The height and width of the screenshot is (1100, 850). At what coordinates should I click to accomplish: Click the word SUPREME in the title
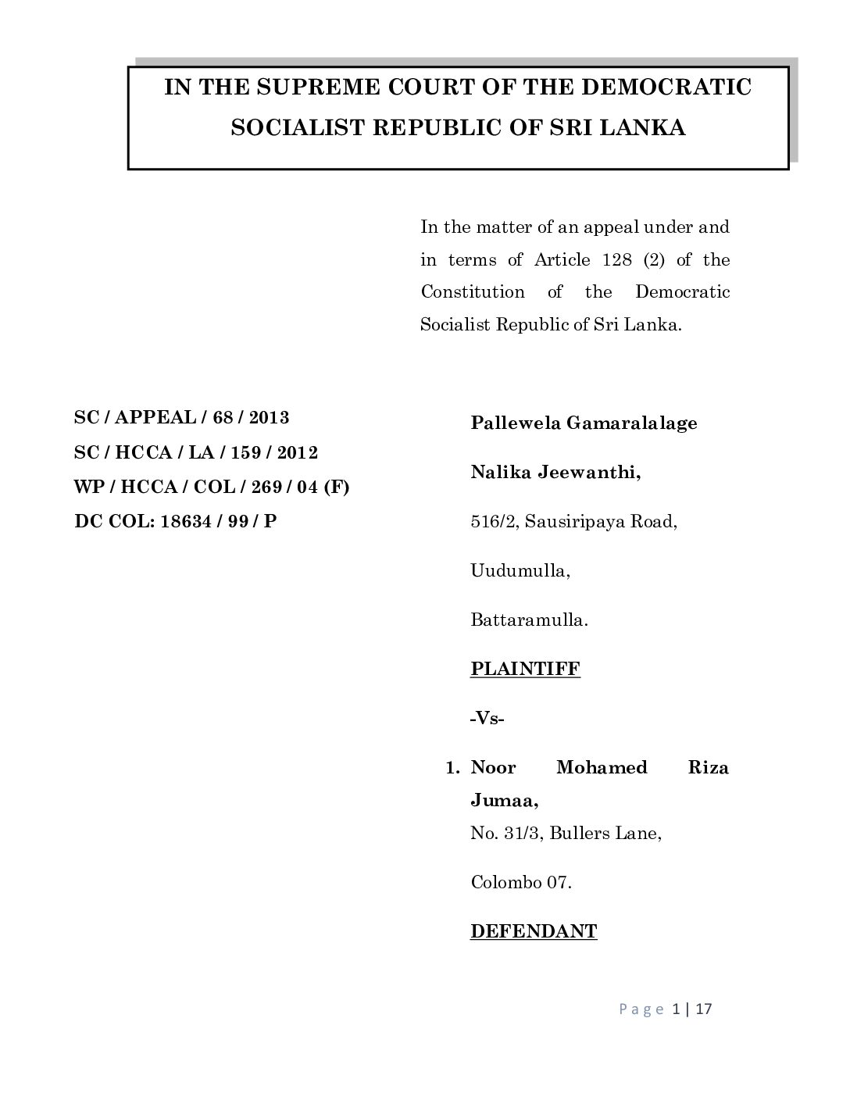(x=310, y=87)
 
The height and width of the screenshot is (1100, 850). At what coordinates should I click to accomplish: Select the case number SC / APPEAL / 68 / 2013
(x=181, y=417)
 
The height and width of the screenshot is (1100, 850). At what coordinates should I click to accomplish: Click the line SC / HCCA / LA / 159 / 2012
(x=195, y=452)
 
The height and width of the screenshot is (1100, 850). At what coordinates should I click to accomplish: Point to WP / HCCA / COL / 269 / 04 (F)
(x=212, y=487)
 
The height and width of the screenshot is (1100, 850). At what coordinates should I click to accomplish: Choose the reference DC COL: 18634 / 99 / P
(x=176, y=521)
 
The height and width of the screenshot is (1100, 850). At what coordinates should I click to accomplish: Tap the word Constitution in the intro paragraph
(x=473, y=292)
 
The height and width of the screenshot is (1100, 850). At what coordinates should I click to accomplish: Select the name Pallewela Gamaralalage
(x=584, y=423)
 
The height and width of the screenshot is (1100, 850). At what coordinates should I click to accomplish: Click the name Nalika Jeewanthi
(x=555, y=472)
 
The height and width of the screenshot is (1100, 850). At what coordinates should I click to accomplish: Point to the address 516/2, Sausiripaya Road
(x=573, y=521)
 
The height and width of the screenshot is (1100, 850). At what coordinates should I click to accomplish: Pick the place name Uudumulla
(x=520, y=570)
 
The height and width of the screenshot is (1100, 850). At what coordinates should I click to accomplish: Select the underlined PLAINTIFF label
(x=525, y=669)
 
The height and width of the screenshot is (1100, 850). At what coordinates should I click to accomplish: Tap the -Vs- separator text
(x=487, y=718)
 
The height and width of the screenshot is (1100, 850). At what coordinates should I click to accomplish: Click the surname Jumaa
(x=504, y=801)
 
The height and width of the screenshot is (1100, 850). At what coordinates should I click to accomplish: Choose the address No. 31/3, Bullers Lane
(x=566, y=834)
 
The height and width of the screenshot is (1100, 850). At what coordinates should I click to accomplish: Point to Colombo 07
(x=521, y=883)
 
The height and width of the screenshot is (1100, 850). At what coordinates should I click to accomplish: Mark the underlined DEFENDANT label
(x=534, y=931)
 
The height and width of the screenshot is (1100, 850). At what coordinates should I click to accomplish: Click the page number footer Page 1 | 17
(x=666, y=1009)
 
